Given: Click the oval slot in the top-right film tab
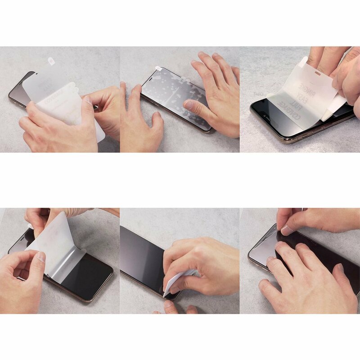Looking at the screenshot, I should click(x=318, y=72).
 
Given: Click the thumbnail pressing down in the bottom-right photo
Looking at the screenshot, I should click(x=286, y=230).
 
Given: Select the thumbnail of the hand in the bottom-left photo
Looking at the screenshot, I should click(x=41, y=257).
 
